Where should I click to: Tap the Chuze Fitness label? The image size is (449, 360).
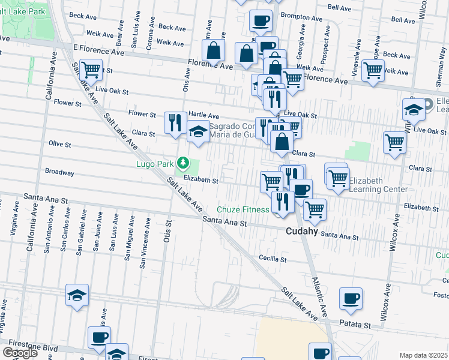click(x=243, y=209)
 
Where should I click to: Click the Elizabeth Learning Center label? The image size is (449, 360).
click(x=378, y=185)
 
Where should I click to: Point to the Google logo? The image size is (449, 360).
click(x=20, y=352)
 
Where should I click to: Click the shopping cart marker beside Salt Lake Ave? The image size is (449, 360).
click(x=91, y=70)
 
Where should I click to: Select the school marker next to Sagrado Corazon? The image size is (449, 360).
click(x=197, y=132)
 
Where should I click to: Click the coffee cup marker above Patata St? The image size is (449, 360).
click(x=351, y=298)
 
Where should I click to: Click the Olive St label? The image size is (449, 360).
click(x=59, y=145)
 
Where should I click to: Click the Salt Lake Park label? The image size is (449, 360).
click(x=23, y=11)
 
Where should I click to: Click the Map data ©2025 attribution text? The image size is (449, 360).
click(x=424, y=355)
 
